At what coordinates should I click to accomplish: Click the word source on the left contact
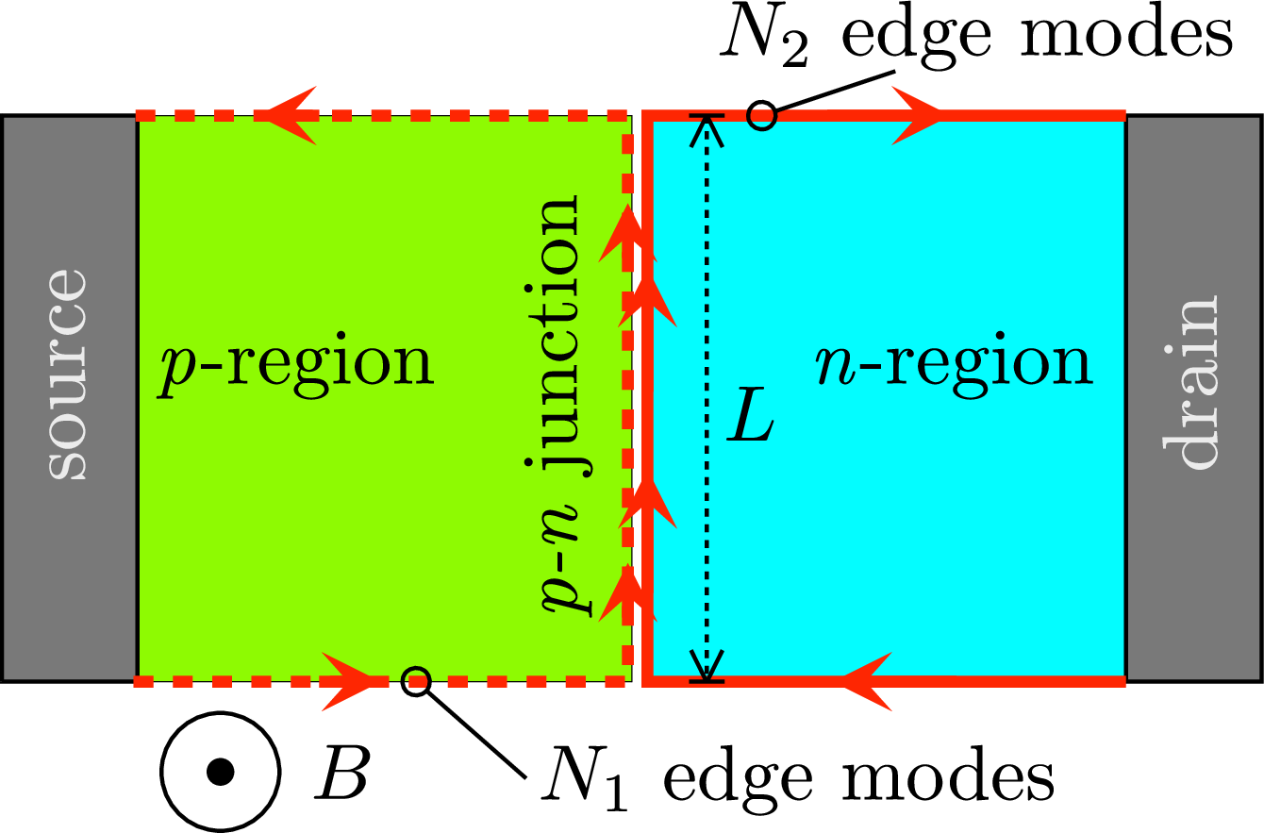point(67,375)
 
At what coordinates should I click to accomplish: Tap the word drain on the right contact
point(1190,382)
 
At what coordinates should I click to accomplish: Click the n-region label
point(954,363)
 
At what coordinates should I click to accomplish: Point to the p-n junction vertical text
point(563,406)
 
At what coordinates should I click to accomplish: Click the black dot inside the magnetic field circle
point(220,773)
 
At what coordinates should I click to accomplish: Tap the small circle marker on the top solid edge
point(761,116)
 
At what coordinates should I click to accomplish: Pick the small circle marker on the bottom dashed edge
point(416,680)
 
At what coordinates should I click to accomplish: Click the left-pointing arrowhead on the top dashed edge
point(287,116)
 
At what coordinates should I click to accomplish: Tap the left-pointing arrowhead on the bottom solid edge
point(863,680)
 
